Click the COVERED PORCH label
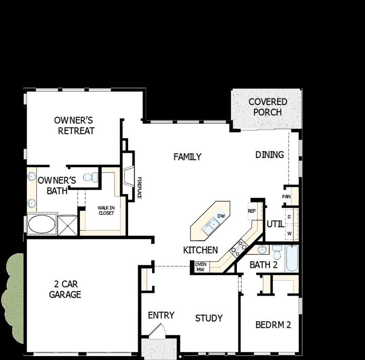pyautogui.click(x=267, y=107)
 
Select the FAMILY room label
pyautogui.click(x=187, y=157)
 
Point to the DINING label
pyautogui.click(x=269, y=155)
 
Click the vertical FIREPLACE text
pyautogui.click(x=139, y=187)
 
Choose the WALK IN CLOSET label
pyautogui.click(x=106, y=210)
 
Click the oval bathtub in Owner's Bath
pyautogui.click(x=42, y=224)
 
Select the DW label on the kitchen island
pyautogui.click(x=221, y=216)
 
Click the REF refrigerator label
pyautogui.click(x=252, y=211)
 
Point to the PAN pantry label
pyautogui.click(x=286, y=196)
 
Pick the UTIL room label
pyautogui.click(x=275, y=224)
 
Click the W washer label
pyautogui.click(x=289, y=233)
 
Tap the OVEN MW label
pyautogui.click(x=200, y=267)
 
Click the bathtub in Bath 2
pyautogui.click(x=292, y=258)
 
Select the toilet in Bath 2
pyautogui.click(x=276, y=252)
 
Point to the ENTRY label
pyautogui.click(x=161, y=315)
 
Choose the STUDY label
pyautogui.click(x=209, y=318)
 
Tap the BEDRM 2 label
pyautogui.click(x=274, y=324)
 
